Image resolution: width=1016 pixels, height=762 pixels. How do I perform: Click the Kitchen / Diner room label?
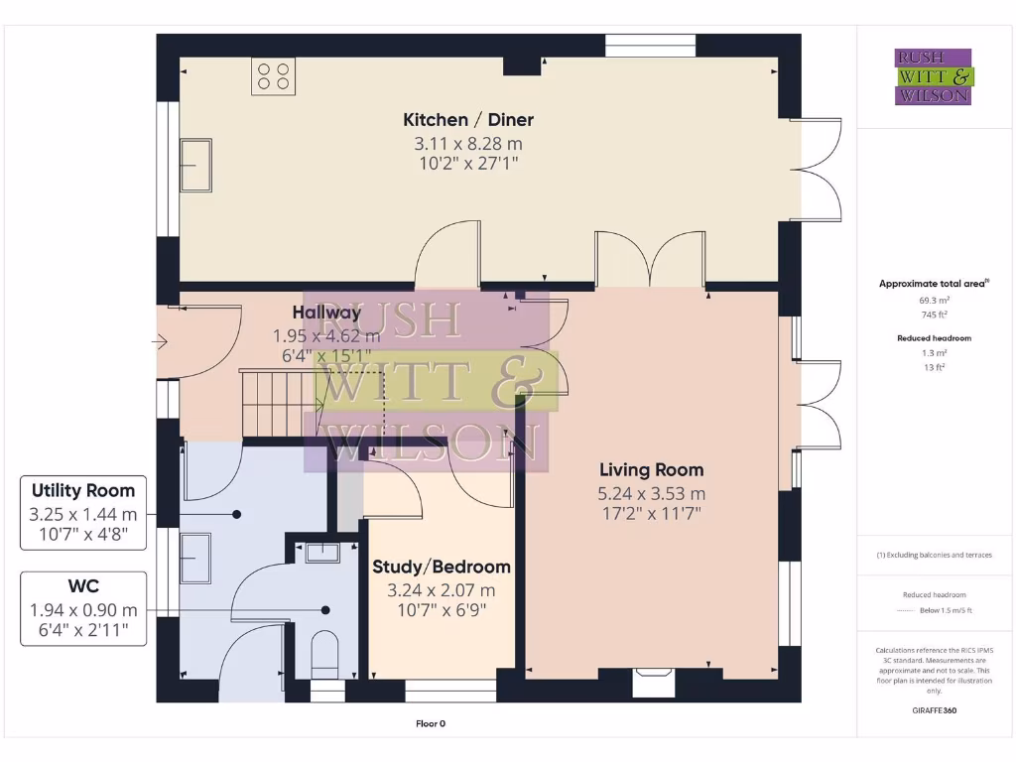click(x=467, y=120)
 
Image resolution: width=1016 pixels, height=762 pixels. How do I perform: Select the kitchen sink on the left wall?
click(x=194, y=164)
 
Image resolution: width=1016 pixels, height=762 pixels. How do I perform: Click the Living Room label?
click(x=651, y=470)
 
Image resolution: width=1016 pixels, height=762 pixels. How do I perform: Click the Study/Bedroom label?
click(x=442, y=568)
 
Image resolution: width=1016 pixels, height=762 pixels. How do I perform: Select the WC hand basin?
click(x=322, y=553)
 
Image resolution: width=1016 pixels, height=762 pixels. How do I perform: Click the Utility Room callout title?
click(x=83, y=491)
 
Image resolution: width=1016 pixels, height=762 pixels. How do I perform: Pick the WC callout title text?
click(x=83, y=587)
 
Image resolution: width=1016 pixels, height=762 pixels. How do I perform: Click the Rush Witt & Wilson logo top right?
click(x=933, y=77)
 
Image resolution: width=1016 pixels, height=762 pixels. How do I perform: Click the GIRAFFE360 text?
click(x=933, y=710)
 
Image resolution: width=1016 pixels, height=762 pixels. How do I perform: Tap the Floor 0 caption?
click(x=431, y=723)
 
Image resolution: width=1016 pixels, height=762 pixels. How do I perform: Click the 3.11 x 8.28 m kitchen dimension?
click(x=467, y=144)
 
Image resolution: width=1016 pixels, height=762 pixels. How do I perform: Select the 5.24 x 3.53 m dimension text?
click(x=651, y=494)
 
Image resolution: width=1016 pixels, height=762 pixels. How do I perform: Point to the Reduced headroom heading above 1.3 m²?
click(x=933, y=338)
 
